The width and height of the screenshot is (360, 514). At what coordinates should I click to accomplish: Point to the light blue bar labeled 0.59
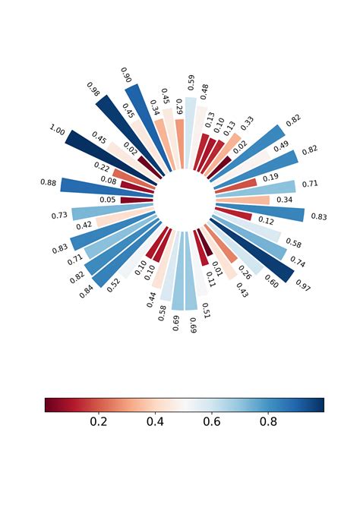pyautogui.click(x=190, y=131)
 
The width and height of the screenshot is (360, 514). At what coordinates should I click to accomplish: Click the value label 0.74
pyautogui.click(x=297, y=263)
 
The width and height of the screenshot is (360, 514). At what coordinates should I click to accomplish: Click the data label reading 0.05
pyautogui.click(x=108, y=200)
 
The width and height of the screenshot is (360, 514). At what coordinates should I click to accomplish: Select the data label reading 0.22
pyautogui.click(x=101, y=166)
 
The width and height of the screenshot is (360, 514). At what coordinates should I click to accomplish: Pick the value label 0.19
pyautogui.click(x=270, y=178)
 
